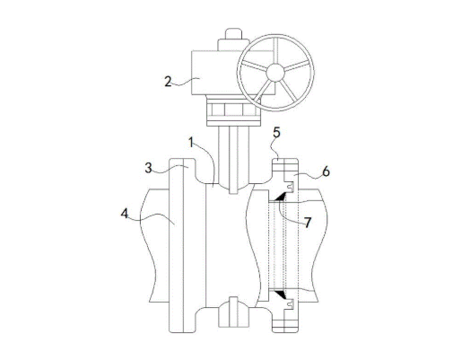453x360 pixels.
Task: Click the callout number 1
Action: pyautogui.click(x=191, y=143)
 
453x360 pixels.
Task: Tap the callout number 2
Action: pyautogui.click(x=168, y=82)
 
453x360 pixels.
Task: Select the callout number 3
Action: pyautogui.click(x=148, y=168)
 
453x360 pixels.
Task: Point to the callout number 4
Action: pyautogui.click(x=125, y=214)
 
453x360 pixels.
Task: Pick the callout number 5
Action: pyautogui.click(x=276, y=133)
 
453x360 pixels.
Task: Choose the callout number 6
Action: pyautogui.click(x=326, y=171)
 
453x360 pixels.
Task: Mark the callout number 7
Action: pyautogui.click(x=308, y=223)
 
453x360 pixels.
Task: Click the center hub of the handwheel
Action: pyautogui.click(x=275, y=72)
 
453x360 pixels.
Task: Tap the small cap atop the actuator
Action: pyautogui.click(x=233, y=33)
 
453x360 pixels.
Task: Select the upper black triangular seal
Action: pyautogui.click(x=281, y=197)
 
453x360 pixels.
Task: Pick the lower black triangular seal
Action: pyautogui.click(x=281, y=294)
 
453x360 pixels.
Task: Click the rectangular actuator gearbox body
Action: pyautogui.click(x=218, y=73)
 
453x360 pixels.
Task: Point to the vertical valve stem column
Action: pyautogui.click(x=233, y=160)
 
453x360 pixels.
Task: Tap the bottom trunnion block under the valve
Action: pyautogui.click(x=233, y=312)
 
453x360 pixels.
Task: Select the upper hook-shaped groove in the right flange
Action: pyautogui.click(x=290, y=187)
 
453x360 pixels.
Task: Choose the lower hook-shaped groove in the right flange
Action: pyautogui.click(x=290, y=304)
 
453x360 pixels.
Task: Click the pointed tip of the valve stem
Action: pyautogui.click(x=233, y=194)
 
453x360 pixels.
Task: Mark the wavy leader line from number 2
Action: pyautogui.click(x=186, y=82)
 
